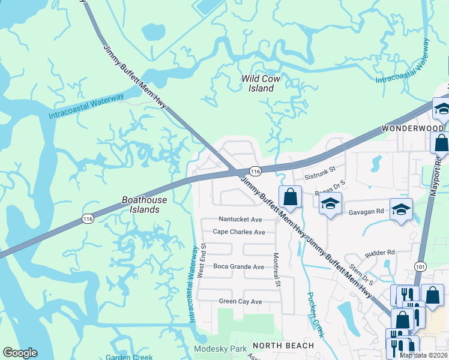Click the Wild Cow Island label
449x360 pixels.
tap(261, 83)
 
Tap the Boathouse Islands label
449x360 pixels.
tap(140, 205)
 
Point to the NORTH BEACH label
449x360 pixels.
tap(283, 346)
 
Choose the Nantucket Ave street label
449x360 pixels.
tap(240, 220)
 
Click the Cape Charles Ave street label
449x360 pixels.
tap(239, 232)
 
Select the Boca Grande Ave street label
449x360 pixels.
tap(238, 266)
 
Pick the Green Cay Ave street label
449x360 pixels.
tap(240, 301)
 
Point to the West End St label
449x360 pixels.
tap(203, 259)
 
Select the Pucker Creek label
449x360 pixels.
tap(315, 314)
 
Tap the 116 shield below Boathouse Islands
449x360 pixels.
tap(88, 220)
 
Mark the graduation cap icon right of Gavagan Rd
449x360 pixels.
tap(401, 209)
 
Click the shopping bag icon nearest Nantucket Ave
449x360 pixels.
tap(290, 197)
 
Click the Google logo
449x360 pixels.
tap(20, 353)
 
